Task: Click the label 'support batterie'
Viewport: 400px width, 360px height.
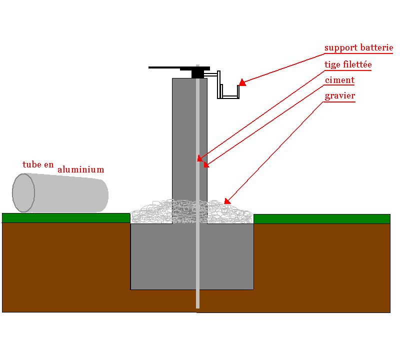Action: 358,48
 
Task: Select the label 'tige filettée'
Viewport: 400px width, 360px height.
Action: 348,64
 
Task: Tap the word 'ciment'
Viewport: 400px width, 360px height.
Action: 339,80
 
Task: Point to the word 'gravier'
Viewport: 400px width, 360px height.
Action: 340,95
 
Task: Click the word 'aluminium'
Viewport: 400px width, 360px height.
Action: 81,169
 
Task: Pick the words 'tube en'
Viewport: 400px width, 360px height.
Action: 38,164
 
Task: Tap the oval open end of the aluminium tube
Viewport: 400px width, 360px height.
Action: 23,192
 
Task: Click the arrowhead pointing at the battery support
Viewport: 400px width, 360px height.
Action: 242,82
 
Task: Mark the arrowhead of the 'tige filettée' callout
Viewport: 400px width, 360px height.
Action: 199,158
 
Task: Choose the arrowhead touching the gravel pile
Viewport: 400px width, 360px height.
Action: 227,201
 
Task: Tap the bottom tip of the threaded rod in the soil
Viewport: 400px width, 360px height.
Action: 197,306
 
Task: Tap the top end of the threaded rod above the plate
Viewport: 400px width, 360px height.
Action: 198,66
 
